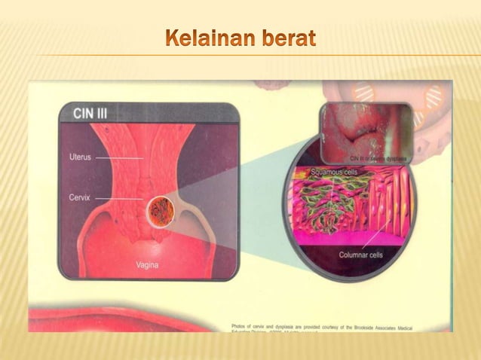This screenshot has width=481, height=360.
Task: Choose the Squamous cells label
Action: point(335,172)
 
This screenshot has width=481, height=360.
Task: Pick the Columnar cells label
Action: point(360,255)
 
